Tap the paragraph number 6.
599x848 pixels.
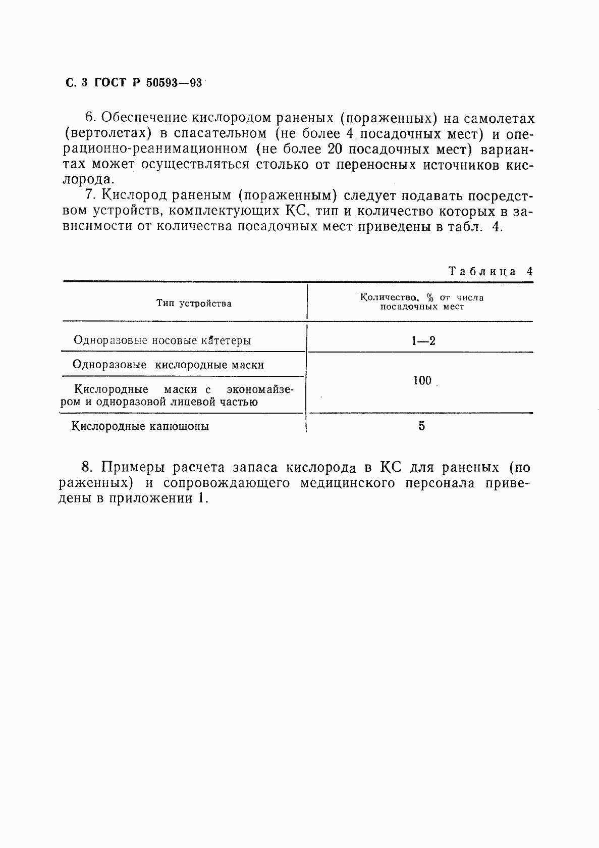point(90,118)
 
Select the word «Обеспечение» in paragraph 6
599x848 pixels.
point(143,118)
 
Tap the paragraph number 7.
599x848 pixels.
point(90,195)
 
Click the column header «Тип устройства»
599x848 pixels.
point(194,304)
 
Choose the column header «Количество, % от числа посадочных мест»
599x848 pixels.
point(422,302)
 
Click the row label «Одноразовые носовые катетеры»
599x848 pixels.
point(162,340)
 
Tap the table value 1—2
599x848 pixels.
point(422,341)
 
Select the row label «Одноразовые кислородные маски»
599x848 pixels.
point(168,365)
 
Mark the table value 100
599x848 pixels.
point(422,381)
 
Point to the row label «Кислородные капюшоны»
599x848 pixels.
point(140,426)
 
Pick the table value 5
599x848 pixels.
point(421,426)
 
